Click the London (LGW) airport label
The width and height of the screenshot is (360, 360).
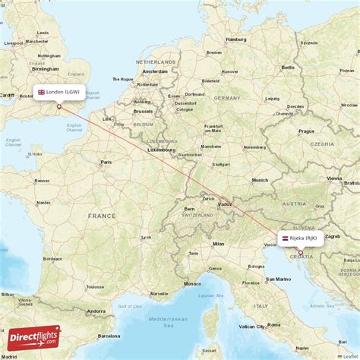tap(59, 92)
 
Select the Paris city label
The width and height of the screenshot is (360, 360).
tap(107, 162)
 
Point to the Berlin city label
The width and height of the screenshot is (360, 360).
tap(288, 67)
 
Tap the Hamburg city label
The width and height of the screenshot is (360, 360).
tap(236, 39)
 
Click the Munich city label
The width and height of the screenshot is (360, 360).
tap(260, 180)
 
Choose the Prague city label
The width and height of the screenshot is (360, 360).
tap(306, 131)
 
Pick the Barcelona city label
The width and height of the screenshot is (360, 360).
tap(109, 335)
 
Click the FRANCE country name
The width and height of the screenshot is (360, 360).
tap(102, 216)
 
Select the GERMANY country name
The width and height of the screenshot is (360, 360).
tap(226, 98)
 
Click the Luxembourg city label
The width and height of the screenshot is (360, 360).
tap(160, 150)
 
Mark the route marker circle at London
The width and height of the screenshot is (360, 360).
tap(59, 106)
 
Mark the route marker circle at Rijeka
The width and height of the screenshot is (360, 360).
tap(300, 252)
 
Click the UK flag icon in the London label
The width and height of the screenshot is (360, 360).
tap(42, 92)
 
